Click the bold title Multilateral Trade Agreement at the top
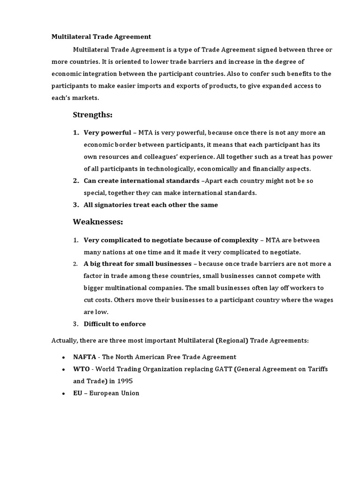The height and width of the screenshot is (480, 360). tap(101, 37)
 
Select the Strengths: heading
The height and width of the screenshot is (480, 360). tap(93, 115)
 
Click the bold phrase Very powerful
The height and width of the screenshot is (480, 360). tap(107, 133)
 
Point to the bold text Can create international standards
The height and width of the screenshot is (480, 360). tap(142, 180)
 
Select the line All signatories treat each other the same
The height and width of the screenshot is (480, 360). tap(150, 205)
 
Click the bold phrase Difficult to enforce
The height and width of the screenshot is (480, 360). tap(114, 324)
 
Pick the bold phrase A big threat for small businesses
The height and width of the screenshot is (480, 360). tap(137, 264)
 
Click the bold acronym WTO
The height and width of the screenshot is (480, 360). tap(81, 369)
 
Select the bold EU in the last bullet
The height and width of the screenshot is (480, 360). tap(77, 393)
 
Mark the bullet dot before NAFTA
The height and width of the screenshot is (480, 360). tap(63, 357)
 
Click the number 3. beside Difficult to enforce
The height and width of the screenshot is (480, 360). tap(75, 324)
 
